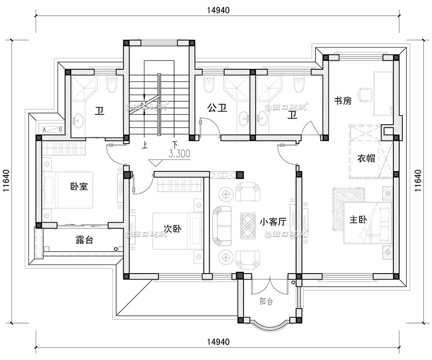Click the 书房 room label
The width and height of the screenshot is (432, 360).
[342, 101]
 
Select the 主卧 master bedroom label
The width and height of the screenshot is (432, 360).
[359, 220]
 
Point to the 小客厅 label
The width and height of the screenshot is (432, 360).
[273, 221]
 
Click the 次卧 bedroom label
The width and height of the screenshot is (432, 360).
[172, 229]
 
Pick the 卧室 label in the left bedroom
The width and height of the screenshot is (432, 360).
[79, 186]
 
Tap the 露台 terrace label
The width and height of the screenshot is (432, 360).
[84, 240]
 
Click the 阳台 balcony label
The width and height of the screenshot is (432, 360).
[266, 301]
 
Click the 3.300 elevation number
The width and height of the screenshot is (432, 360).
[179, 154]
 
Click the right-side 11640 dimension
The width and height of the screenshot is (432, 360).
[418, 181]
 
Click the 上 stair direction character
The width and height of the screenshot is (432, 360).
[144, 145]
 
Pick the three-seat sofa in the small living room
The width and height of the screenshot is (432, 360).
[221, 226]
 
